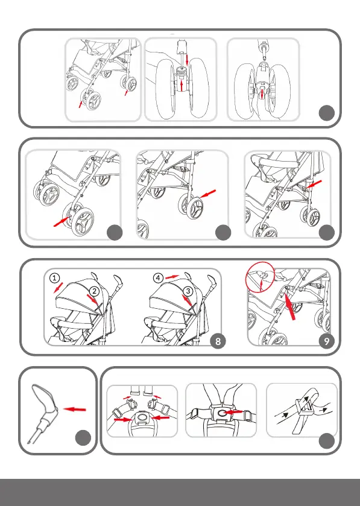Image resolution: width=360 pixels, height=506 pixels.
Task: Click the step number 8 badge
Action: tap(218, 341)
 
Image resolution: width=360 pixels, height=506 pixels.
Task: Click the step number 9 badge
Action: tap(327, 341)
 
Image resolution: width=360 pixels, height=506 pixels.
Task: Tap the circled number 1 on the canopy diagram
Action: tap(55, 278)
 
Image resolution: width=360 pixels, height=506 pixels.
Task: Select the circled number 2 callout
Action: tap(94, 291)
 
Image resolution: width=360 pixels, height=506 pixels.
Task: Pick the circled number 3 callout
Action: tap(188, 291)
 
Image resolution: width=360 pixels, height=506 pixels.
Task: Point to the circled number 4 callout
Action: tap(158, 277)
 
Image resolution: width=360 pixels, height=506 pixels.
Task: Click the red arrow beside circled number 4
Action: tap(172, 277)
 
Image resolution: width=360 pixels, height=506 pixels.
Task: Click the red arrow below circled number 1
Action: tap(58, 288)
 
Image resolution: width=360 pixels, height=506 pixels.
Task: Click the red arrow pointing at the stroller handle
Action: tap(75, 409)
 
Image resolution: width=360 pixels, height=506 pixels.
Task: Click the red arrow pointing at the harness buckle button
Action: tap(234, 412)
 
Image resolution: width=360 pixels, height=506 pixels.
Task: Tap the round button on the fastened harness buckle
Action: tap(221, 413)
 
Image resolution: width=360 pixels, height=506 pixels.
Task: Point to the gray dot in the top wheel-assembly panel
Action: tap(327, 113)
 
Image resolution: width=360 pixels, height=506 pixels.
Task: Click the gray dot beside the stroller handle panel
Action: tap(83, 438)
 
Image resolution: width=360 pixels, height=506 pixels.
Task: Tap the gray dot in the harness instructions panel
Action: tap(327, 441)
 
